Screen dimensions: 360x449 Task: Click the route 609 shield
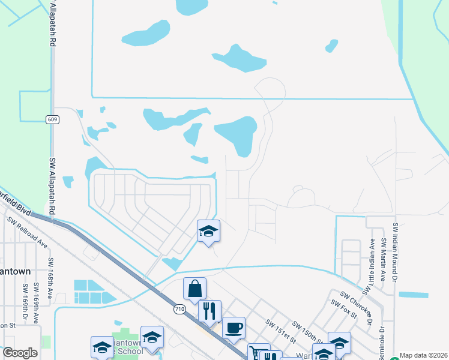point(52,119)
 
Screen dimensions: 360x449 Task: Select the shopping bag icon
point(195,289)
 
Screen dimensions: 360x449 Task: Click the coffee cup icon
point(234,328)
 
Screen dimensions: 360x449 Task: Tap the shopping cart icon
point(259,353)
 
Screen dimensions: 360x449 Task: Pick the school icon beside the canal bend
point(208,231)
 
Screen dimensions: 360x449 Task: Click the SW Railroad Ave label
point(28,233)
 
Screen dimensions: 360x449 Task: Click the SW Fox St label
point(344,311)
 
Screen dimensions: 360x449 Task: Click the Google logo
point(20,353)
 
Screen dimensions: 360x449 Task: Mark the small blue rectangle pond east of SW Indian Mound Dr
point(414,295)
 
